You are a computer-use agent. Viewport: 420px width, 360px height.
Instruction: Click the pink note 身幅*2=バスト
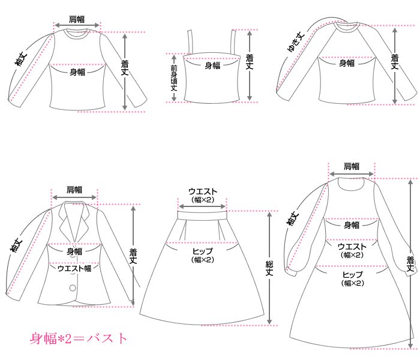[79, 338]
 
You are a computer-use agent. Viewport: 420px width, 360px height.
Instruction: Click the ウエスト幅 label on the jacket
[74, 268]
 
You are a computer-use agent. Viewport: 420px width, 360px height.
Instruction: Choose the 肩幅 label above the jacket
[74, 188]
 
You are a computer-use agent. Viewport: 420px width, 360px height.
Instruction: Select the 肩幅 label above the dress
[352, 166]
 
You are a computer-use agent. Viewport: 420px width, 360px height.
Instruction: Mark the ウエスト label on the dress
[352, 247]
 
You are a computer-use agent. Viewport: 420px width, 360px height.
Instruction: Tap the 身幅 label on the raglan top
[347, 63]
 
